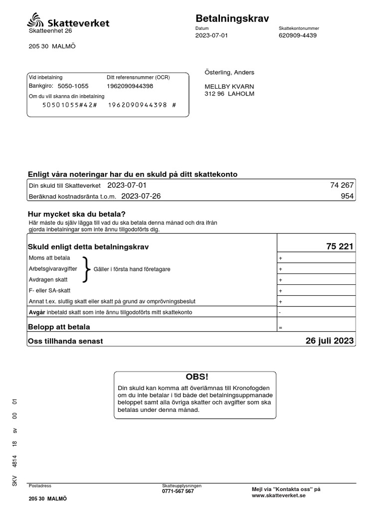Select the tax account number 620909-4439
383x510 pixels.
click(x=298, y=36)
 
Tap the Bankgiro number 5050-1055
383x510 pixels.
click(x=73, y=86)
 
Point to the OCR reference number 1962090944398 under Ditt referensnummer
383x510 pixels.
click(x=130, y=86)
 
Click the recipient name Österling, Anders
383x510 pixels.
click(x=229, y=73)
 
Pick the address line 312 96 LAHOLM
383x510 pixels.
click(x=229, y=94)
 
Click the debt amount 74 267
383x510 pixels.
click(x=342, y=185)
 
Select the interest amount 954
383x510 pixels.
click(x=347, y=196)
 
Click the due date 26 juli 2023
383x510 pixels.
click(x=330, y=341)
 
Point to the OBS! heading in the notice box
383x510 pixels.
click(x=195, y=377)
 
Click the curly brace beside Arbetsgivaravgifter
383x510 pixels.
click(x=86, y=269)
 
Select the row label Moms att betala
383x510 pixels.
click(x=50, y=258)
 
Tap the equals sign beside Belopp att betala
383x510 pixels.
click(x=281, y=328)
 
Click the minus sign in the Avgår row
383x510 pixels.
click(x=280, y=313)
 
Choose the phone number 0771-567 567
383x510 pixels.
click(x=178, y=492)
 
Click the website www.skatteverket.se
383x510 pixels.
click(x=278, y=496)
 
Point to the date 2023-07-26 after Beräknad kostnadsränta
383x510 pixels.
click(x=141, y=196)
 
